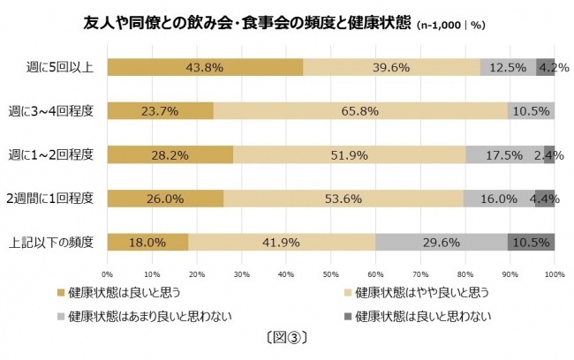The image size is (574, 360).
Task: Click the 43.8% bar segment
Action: [205, 67]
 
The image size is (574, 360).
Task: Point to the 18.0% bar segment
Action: [147, 242]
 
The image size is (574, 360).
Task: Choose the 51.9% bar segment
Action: [350, 154]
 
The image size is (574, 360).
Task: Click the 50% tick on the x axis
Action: [331, 274]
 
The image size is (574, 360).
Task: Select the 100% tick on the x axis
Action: [554, 274]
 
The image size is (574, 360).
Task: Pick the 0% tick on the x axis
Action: [108, 274]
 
